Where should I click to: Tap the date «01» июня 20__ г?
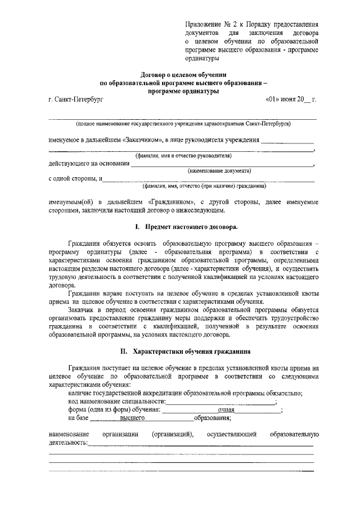pos(291,99)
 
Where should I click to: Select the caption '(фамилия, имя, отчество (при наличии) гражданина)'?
pos(204,186)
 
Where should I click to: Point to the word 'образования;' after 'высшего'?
pos(213,419)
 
